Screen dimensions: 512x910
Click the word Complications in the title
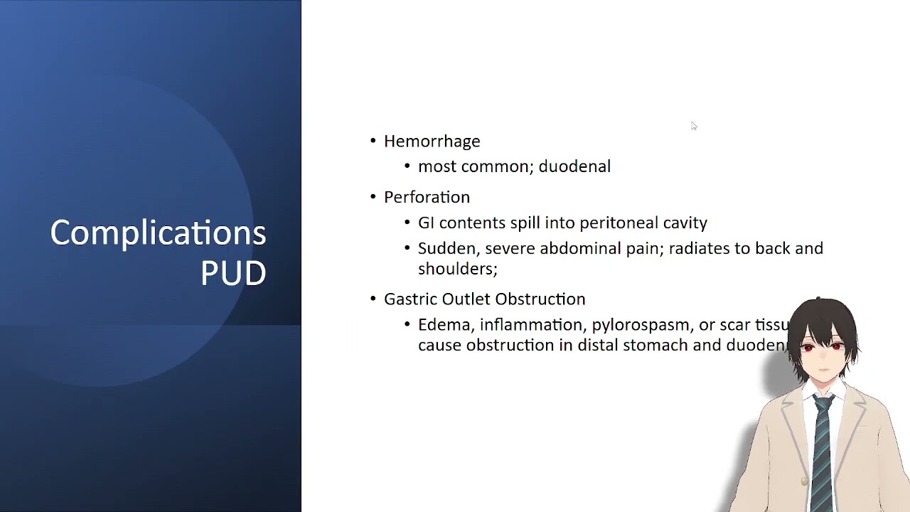158,233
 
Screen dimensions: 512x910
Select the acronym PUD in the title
233,273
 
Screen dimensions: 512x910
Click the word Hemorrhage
432,142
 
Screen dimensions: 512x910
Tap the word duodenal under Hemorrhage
574,166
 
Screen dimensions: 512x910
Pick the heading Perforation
427,197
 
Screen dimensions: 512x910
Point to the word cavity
685,223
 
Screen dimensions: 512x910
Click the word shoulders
456,269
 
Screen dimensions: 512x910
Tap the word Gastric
410,299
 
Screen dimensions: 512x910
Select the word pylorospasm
641,325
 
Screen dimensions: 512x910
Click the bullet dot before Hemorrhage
373,141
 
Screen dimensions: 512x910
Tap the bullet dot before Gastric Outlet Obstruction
373,299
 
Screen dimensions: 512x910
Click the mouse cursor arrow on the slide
693,125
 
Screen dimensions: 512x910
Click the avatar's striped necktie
823,448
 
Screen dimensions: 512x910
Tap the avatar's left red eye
808,348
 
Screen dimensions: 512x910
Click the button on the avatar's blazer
804,481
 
